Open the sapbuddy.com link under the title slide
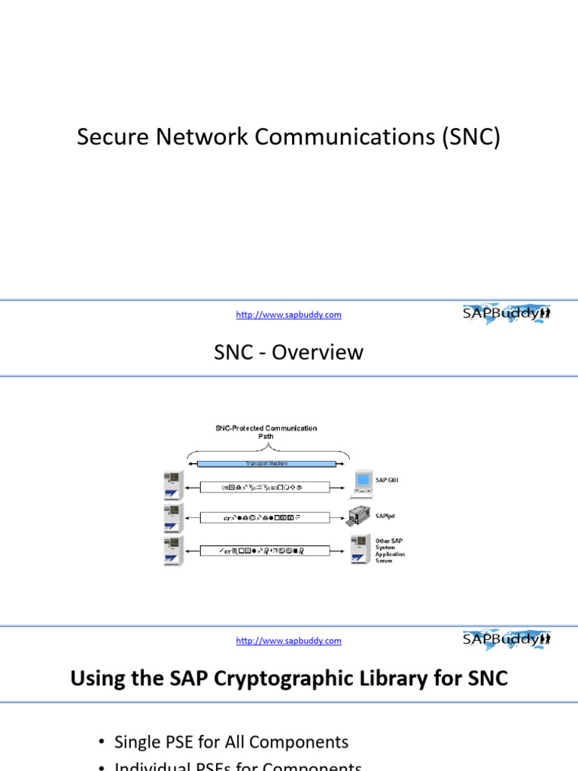(288, 315)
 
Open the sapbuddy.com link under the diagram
(288, 641)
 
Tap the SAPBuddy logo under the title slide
(506, 313)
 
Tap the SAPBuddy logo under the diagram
(506, 639)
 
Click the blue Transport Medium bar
(267, 464)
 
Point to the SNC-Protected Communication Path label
(266, 431)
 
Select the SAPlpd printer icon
(360, 517)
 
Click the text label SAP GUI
(388, 479)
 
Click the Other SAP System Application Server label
(391, 550)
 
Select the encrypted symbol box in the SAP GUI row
(266, 487)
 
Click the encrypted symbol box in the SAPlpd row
(266, 518)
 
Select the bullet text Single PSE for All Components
(231, 742)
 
